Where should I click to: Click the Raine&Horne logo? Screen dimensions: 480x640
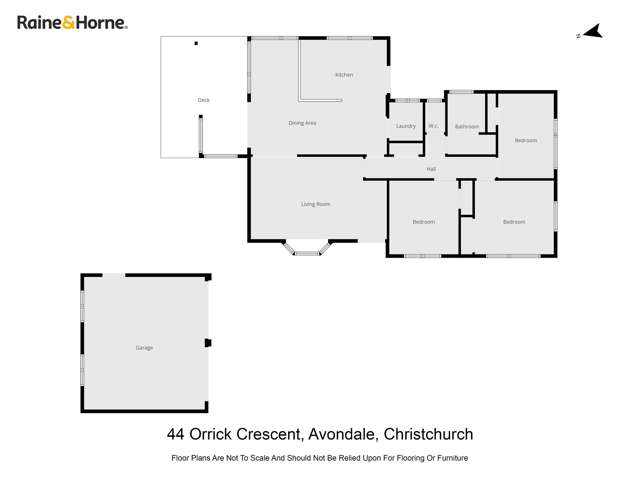point(72,22)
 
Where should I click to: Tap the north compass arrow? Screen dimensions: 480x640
point(592,32)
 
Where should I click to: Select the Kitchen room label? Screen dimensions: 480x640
point(344,75)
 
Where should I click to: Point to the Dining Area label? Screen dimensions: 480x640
point(302,123)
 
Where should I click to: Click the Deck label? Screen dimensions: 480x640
point(204,100)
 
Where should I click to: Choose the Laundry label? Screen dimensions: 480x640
point(405,126)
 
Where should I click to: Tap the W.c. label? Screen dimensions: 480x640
point(434,126)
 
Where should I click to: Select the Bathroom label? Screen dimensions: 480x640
point(467,127)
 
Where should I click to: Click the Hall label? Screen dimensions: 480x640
point(431,169)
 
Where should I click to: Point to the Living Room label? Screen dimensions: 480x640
point(315,204)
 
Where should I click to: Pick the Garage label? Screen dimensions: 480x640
point(144,348)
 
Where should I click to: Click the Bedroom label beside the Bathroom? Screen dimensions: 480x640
point(526,140)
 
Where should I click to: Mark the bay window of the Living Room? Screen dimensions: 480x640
point(306,248)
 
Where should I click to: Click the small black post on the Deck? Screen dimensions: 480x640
point(196,43)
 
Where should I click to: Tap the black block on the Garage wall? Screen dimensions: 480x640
point(208,343)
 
